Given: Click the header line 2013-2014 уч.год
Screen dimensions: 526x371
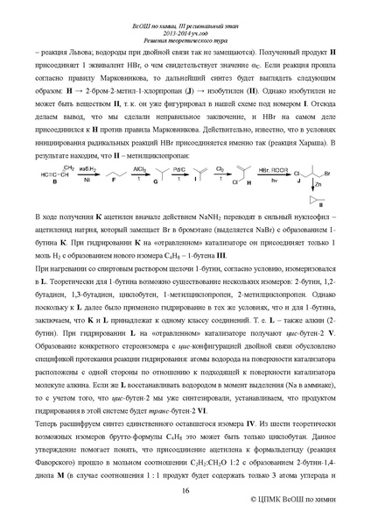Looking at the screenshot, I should [x=185, y=18].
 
